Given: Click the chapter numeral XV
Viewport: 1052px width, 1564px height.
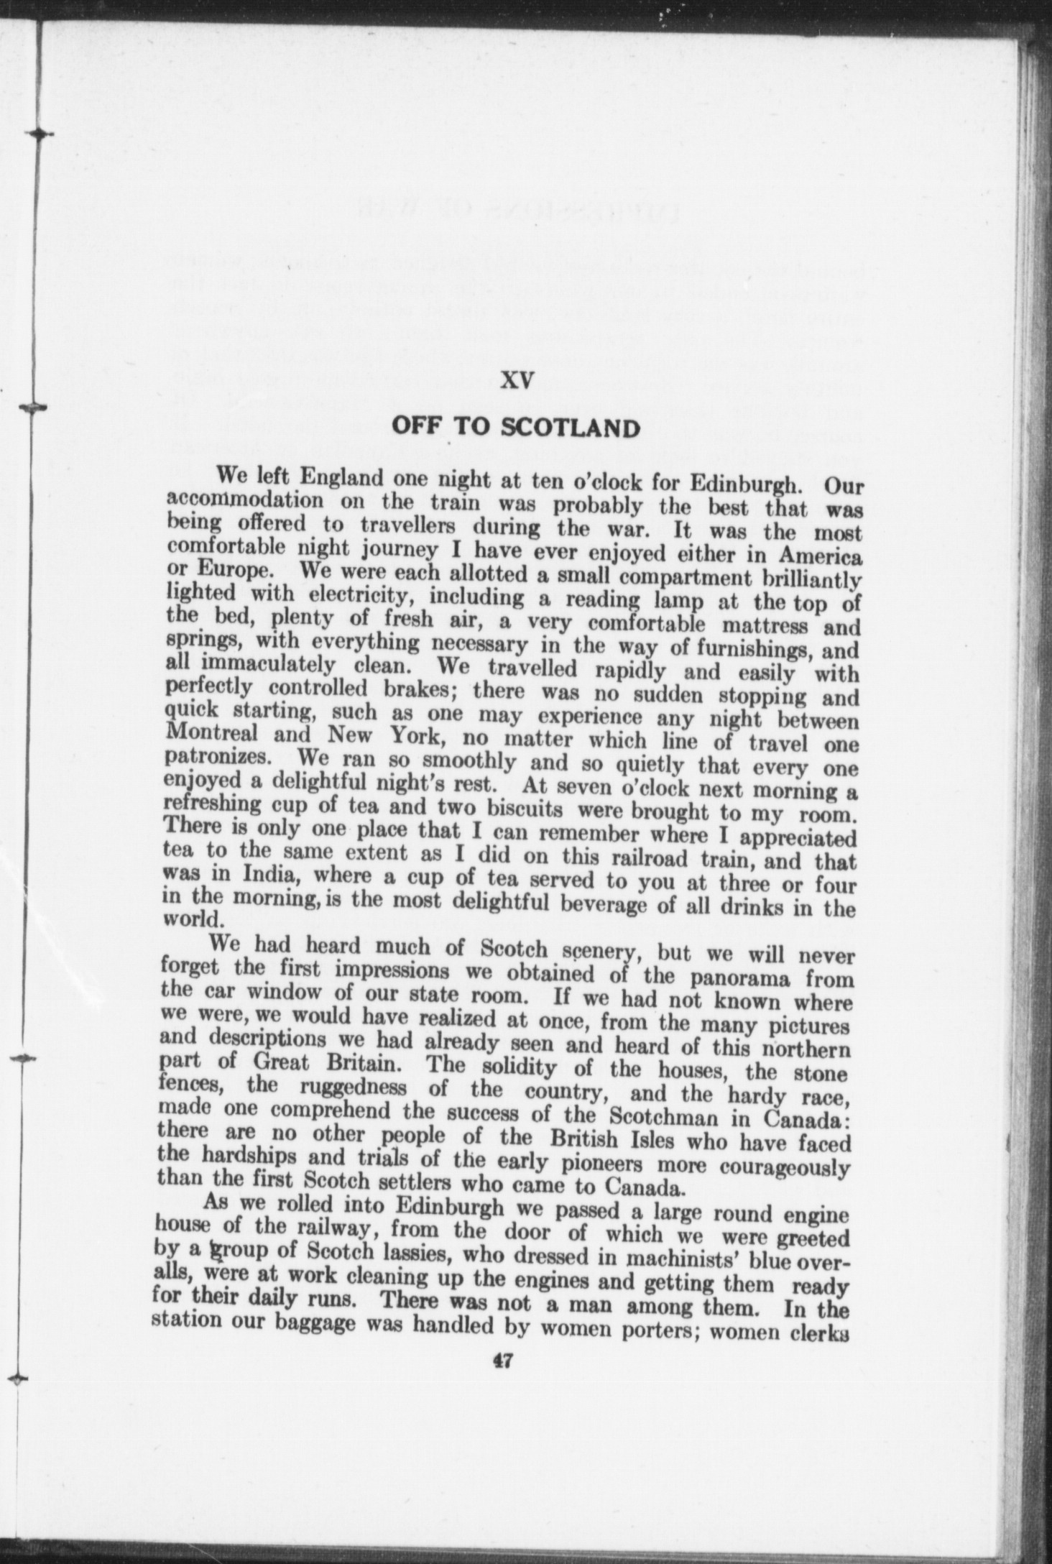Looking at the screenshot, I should pos(515,381).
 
